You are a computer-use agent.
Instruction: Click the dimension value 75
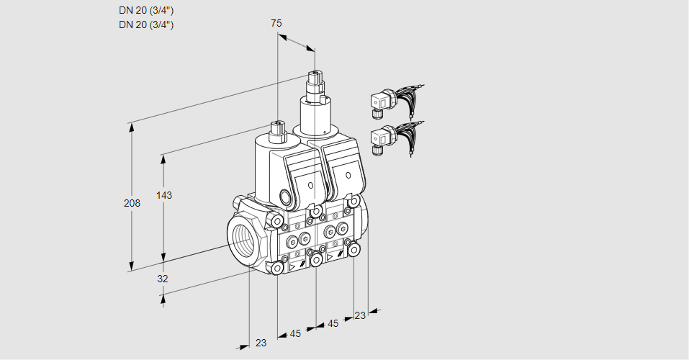(x=276, y=23)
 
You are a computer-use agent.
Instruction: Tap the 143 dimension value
(x=164, y=195)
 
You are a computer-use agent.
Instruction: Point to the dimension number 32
(x=163, y=278)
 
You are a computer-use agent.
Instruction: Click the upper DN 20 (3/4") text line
(x=145, y=10)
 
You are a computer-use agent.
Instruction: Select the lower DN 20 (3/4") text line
(x=145, y=24)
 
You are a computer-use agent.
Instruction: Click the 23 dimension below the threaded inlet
(x=261, y=343)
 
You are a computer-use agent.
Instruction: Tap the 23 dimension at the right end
(x=360, y=315)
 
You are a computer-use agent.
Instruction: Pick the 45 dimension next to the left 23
(x=295, y=333)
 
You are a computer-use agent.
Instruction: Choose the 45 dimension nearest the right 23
(x=333, y=324)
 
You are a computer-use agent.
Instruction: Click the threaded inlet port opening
(x=241, y=238)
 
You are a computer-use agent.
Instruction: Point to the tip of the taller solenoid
(x=315, y=75)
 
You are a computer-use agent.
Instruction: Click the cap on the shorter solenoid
(x=277, y=130)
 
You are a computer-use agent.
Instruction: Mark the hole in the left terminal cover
(x=310, y=186)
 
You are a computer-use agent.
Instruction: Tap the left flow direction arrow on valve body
(x=292, y=266)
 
